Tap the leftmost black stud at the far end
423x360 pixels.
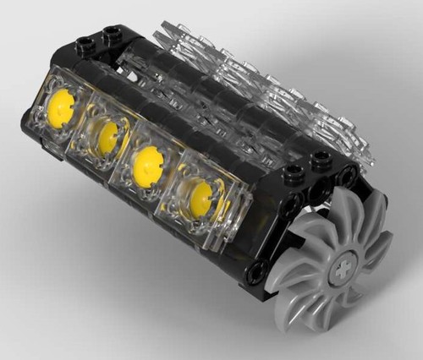click(85, 44)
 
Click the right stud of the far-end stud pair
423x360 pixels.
click(110, 35)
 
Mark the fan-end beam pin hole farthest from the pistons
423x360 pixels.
click(347, 176)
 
